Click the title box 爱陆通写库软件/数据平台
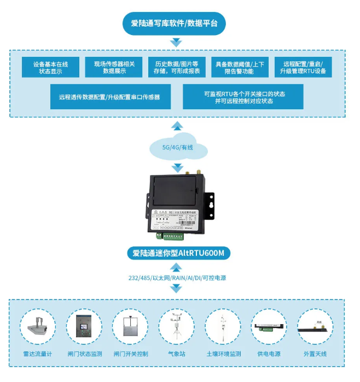pos(175,23)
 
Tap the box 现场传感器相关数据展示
pos(113,67)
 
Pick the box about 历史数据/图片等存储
pos(174,67)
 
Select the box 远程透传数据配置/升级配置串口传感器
pos(109,97)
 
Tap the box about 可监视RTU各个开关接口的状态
pos(243,97)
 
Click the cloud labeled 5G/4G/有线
pos(178,148)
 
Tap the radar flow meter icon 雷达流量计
pos(38,327)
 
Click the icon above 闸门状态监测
pos(84,327)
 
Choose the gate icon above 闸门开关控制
pos(130,327)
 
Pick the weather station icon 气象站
pos(176,327)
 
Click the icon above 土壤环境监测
pos(223,327)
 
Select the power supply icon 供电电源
pos(269,327)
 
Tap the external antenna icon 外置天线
pos(315,327)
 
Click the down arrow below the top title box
pos(176,43)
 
